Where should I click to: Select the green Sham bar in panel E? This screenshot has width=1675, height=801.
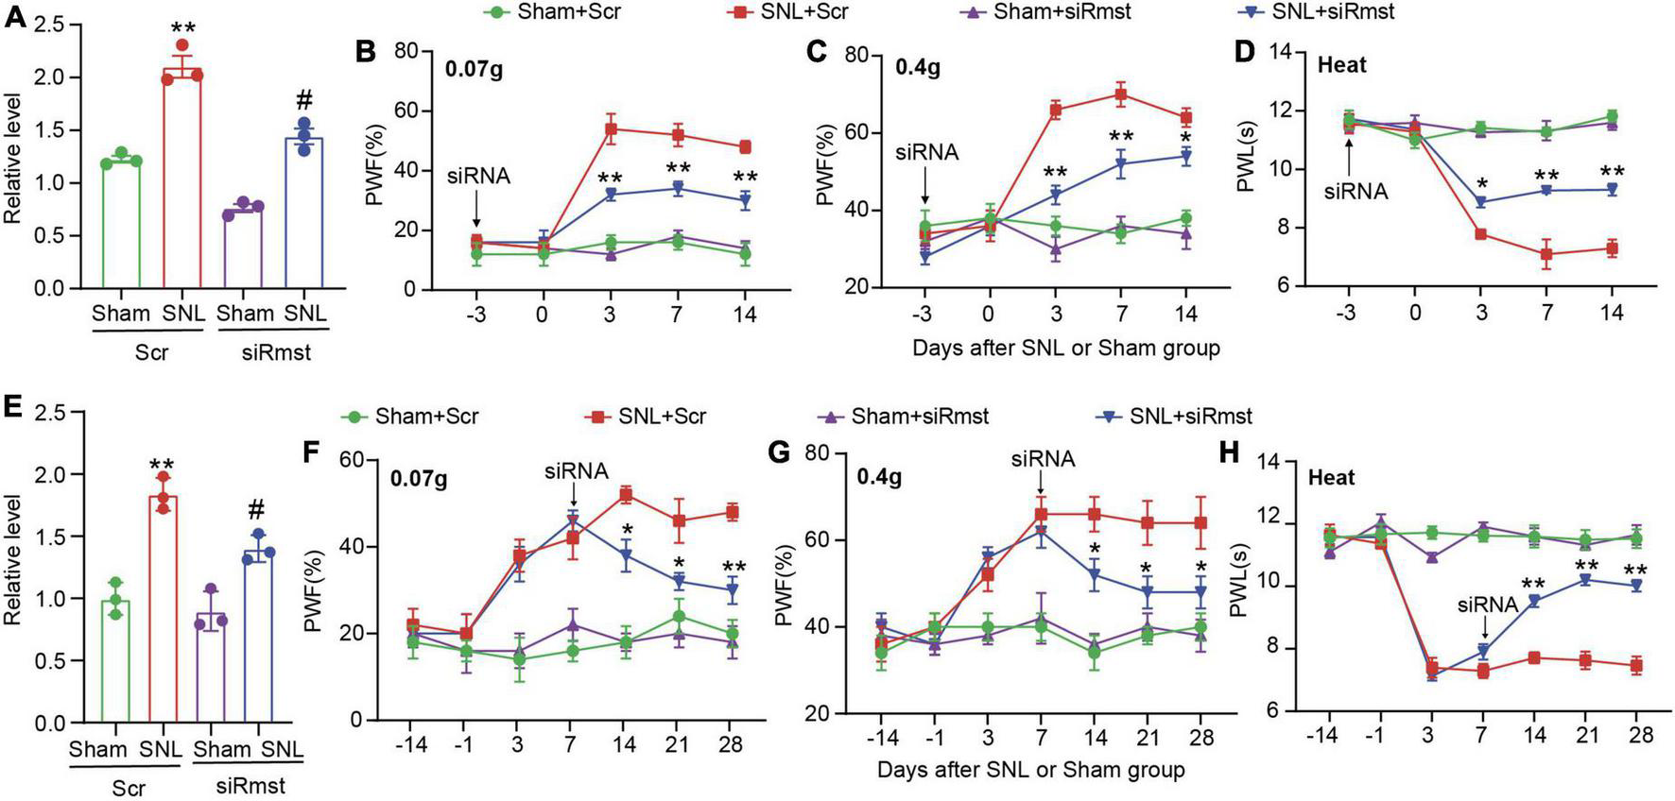[115, 661]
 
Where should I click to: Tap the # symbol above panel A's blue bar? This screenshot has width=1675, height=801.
[304, 102]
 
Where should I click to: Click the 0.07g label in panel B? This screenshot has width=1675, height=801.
[475, 69]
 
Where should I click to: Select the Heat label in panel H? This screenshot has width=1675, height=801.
[1331, 477]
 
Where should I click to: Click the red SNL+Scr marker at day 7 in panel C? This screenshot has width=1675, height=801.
[1122, 94]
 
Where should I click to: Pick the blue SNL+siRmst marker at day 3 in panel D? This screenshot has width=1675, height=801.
[1480, 202]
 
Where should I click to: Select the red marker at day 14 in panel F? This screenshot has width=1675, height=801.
[625, 494]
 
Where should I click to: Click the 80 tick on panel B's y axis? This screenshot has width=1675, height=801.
[406, 51]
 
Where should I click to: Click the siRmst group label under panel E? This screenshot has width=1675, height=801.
[250, 786]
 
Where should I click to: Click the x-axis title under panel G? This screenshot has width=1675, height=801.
[1030, 770]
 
